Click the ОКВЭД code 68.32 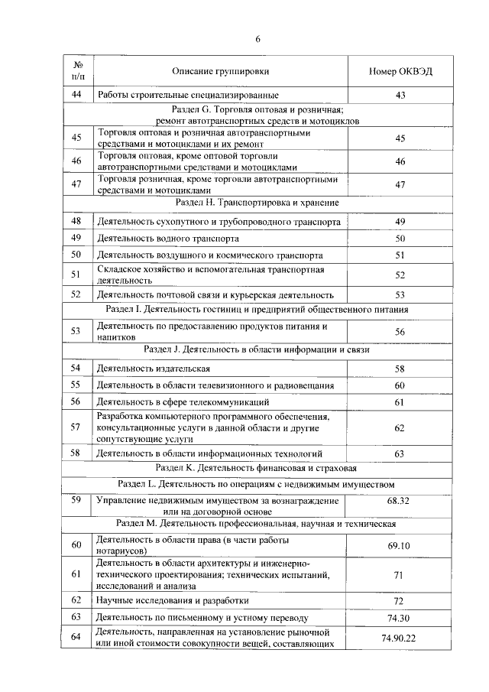399,501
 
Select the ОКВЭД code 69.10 399,546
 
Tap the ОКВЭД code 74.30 399,617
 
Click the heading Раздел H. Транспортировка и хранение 257,203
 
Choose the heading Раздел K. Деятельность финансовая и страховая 257,466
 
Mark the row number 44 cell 76,95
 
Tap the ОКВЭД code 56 399,331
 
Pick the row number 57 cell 76,427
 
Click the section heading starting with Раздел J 257,349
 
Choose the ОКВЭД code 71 399,574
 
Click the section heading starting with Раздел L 257,484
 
